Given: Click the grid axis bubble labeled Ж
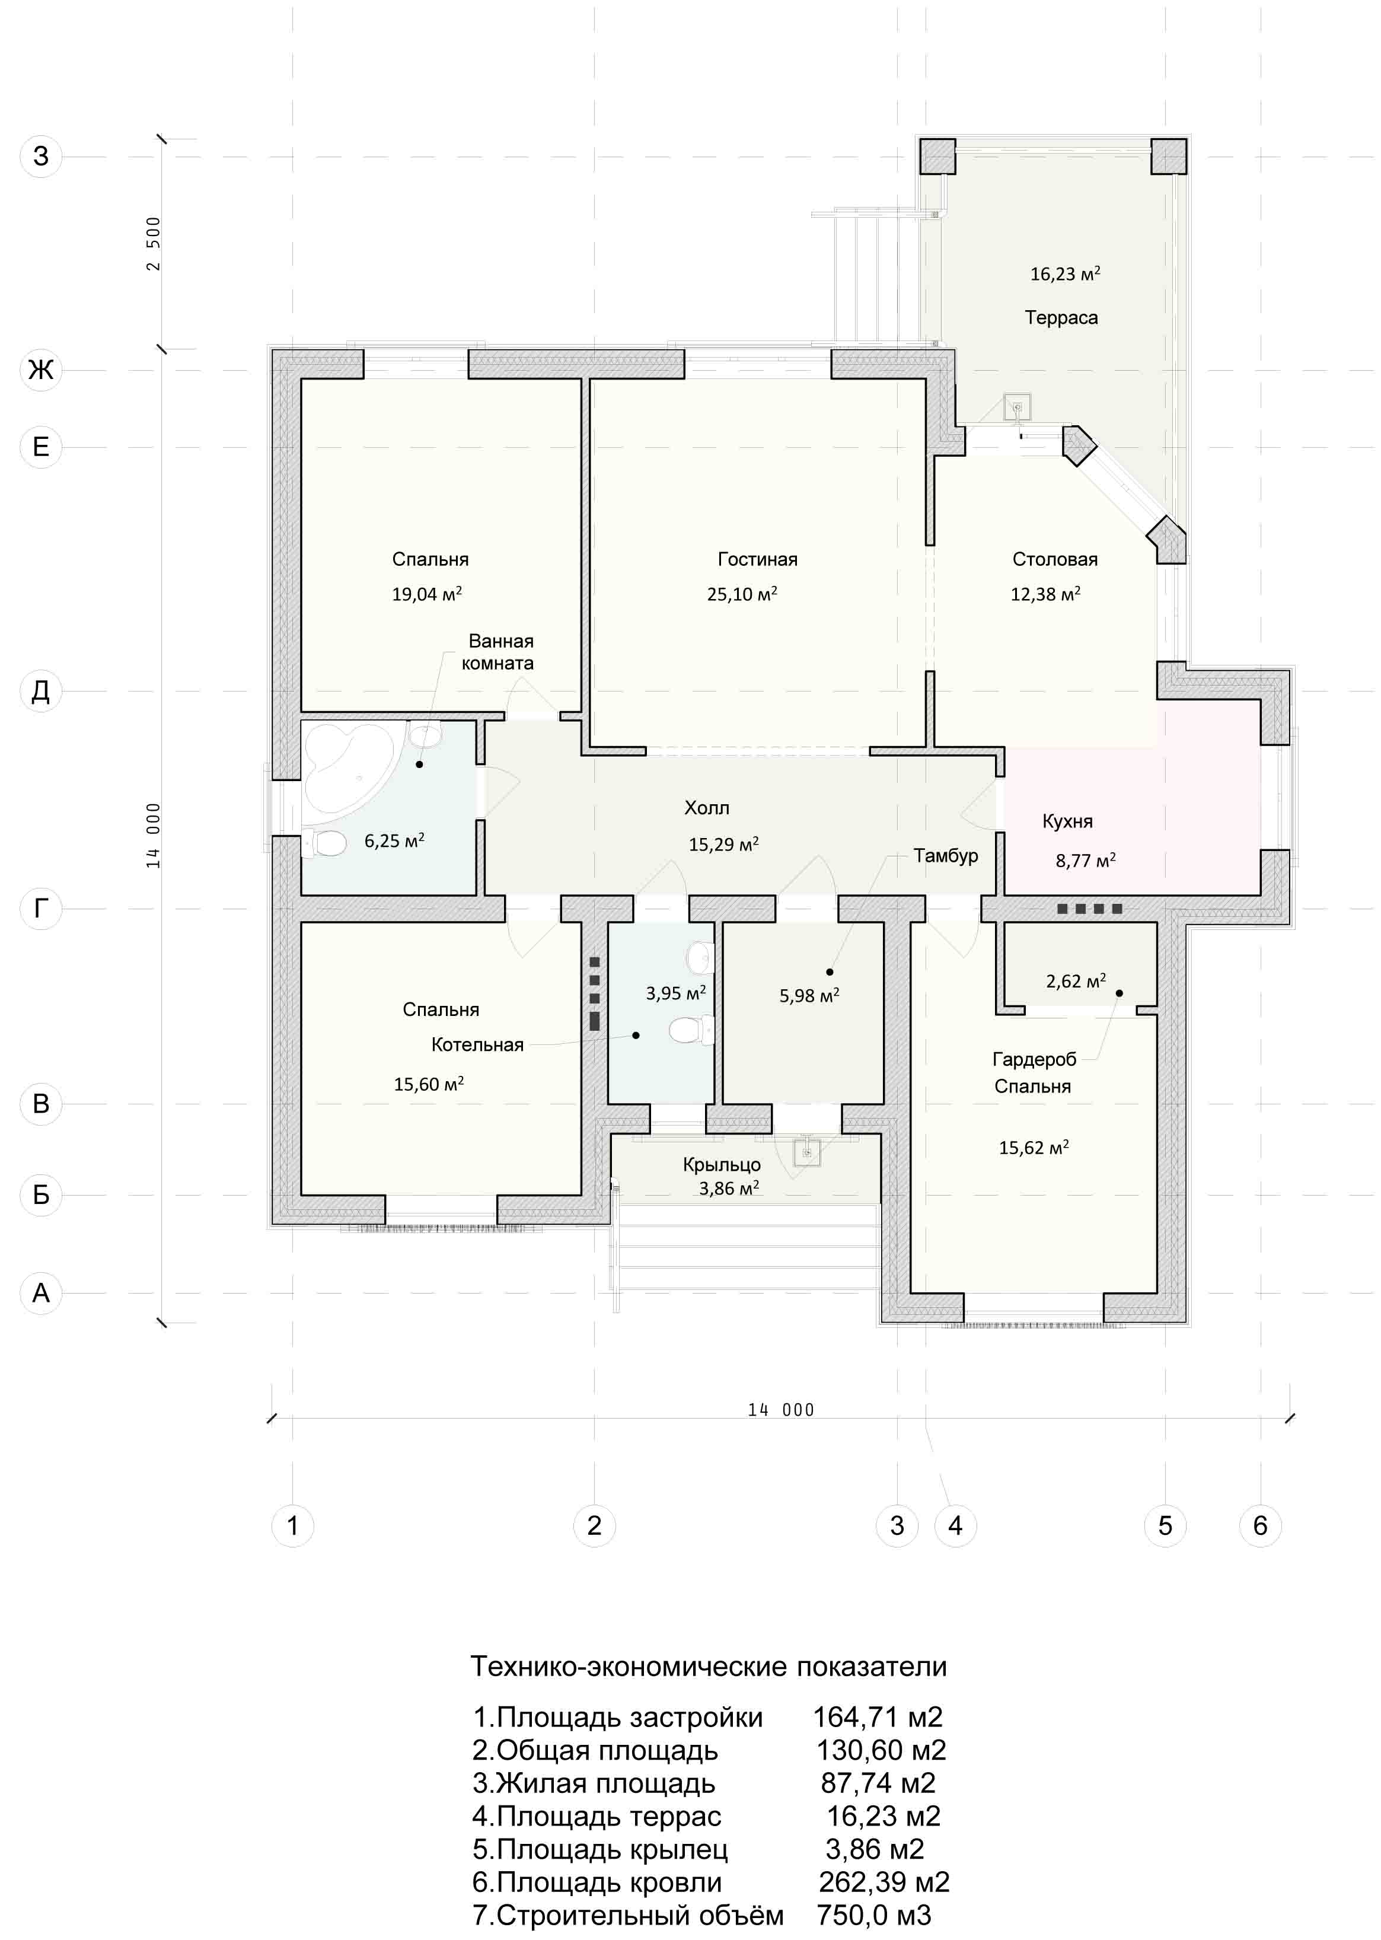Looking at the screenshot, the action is click(41, 370).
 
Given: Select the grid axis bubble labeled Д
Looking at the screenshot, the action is click(41, 690).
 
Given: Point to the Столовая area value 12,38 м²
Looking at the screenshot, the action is click(1045, 594).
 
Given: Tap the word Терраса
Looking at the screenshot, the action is click(1061, 317).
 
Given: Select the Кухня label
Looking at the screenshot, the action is click(1067, 821).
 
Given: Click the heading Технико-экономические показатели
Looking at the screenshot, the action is click(709, 1666).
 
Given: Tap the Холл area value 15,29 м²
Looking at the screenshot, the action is click(723, 845).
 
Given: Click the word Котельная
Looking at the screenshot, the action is click(477, 1044).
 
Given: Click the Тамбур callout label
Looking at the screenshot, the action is click(946, 856).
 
